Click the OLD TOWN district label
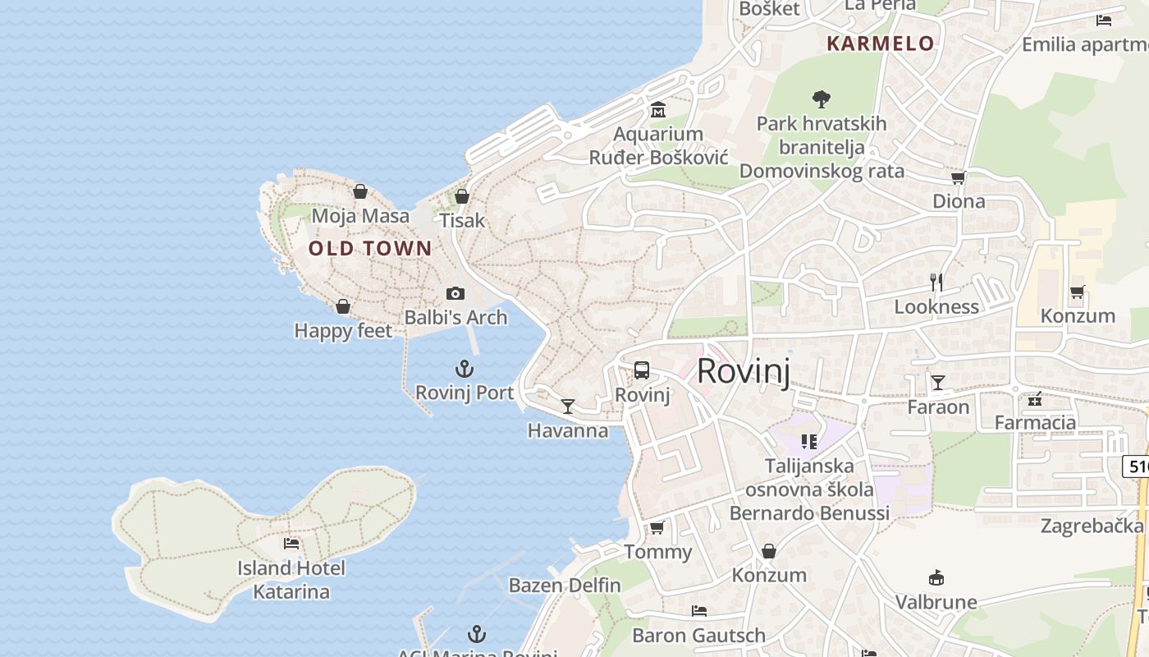tap(370, 248)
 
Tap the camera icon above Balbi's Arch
tap(455, 293)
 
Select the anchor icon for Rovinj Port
tap(465, 369)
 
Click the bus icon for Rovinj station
tap(642, 370)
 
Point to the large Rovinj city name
tap(744, 371)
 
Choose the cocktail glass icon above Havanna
tap(567, 406)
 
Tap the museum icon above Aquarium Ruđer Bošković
tap(658, 109)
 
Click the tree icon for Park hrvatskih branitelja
tap(821, 99)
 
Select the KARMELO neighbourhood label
tap(881, 44)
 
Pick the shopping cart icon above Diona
tap(958, 177)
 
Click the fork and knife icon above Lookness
tap(936, 283)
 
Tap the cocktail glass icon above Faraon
tap(937, 382)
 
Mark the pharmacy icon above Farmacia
tap(1035, 399)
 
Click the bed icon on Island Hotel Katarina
tap(291, 543)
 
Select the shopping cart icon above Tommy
tap(657, 527)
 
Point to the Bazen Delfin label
tap(565, 586)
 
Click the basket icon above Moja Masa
tap(360, 191)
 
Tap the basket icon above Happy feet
tap(343, 306)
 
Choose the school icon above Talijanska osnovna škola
tap(809, 442)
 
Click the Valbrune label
tap(936, 602)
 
